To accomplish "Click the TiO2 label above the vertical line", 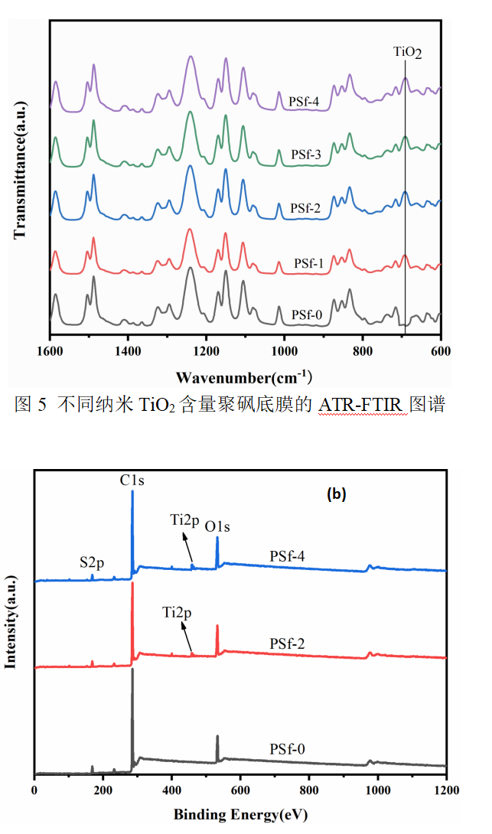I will click(407, 53).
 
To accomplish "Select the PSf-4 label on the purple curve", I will click(304, 100).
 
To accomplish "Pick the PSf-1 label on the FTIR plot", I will click(309, 263).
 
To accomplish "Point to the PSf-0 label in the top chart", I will click(307, 314).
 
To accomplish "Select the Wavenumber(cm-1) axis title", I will click(243, 376).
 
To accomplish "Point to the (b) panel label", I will click(337, 494).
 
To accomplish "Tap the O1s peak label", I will click(217, 526).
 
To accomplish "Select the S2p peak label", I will click(93, 562).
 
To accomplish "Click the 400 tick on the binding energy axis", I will click(172, 788).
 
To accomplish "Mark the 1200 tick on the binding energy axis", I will click(445, 788).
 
